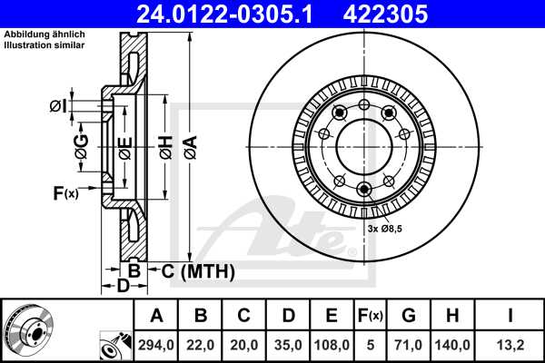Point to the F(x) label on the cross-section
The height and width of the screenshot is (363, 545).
[x=65, y=192]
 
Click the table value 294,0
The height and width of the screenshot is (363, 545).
[x=157, y=345]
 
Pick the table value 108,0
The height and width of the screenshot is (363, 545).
[x=332, y=345]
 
